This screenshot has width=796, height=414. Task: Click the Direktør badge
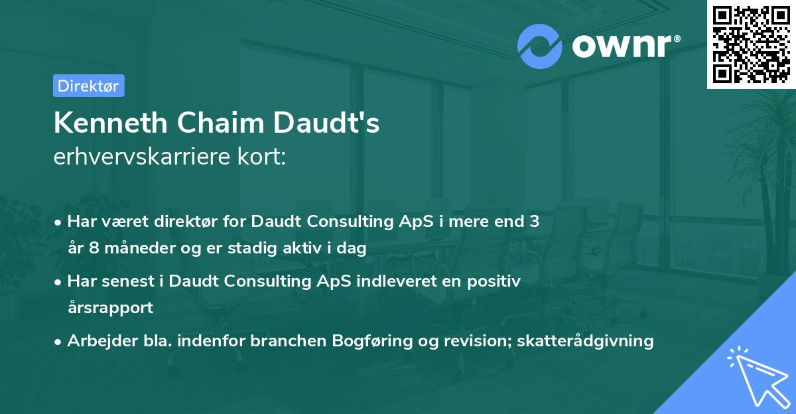pos(88,86)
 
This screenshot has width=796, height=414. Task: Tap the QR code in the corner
pos(751,44)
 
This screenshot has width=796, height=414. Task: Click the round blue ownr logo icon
pos(539,46)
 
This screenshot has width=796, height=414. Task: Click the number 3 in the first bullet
pos(534,222)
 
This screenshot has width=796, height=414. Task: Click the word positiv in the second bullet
pos(497,281)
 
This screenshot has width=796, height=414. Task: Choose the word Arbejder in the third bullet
pos(98,341)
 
